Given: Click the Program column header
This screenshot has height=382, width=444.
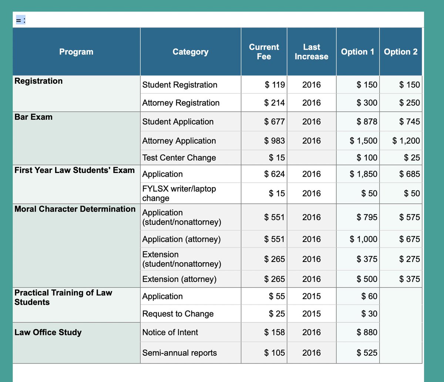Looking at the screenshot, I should point(76,52).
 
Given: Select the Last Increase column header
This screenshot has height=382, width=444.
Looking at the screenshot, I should point(311,52).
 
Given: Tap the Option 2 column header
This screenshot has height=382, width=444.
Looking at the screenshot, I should point(401,52).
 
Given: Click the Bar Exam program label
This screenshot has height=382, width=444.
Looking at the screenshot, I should point(34,117).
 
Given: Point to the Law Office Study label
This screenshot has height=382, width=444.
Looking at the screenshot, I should point(48,332).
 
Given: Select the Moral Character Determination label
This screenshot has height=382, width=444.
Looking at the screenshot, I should point(75,209).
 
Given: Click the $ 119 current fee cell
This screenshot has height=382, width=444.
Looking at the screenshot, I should point(275,85).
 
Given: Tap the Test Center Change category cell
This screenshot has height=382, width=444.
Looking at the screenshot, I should point(179,158).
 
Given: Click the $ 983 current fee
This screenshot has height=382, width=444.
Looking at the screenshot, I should point(275,141).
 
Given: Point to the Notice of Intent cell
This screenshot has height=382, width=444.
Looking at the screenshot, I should point(170,332).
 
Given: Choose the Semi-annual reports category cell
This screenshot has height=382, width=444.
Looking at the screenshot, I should point(180,353).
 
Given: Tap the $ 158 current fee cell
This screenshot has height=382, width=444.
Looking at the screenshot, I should point(275,332).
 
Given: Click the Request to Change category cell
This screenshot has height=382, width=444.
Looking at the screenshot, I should point(178,314).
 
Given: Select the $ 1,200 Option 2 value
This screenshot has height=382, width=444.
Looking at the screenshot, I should point(406,141).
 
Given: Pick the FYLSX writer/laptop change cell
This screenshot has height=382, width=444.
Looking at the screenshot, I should point(179,193).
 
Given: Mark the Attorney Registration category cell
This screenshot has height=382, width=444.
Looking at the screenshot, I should point(181,103).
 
